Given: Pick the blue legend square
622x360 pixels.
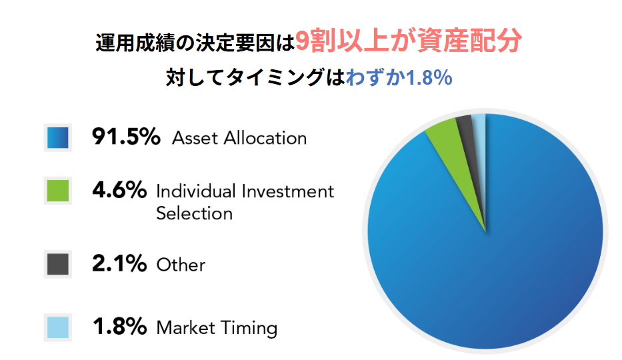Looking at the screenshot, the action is point(58,137).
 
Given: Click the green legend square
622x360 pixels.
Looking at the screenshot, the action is point(58,191).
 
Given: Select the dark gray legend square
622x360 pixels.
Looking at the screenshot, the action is point(58,264).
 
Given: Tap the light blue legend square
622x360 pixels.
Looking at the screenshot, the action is point(58,327).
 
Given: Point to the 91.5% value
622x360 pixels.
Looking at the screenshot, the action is point(126,137).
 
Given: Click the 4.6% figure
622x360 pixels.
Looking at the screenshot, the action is point(119,190).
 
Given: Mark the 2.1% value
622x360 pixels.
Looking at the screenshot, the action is point(119,263).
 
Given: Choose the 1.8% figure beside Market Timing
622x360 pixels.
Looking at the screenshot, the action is point(120,327).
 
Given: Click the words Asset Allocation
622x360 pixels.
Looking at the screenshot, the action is point(239,139).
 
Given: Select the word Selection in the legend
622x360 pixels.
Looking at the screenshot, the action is point(195,213).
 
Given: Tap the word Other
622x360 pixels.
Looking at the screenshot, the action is point(181,265).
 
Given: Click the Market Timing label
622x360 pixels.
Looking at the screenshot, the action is point(217,328).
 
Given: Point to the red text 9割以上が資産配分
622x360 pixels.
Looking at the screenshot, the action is point(409,41).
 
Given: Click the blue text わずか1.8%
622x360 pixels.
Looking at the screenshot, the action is point(399,77).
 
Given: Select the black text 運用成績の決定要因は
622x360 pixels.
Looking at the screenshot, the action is point(195,42).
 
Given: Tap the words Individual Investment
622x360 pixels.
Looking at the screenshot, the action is point(245,191).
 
